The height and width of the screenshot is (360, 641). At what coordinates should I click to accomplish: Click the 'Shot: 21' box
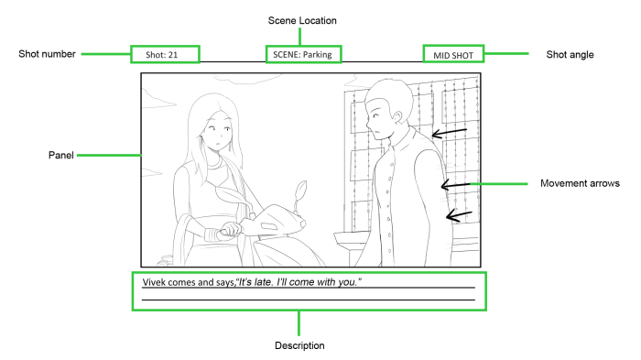165,55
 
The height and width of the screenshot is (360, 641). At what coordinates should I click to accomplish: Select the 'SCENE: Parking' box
302,55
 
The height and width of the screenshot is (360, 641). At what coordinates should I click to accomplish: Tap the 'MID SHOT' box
452,55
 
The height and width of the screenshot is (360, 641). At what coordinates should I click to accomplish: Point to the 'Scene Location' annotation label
302,19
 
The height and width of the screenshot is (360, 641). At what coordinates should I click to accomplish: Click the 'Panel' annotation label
61,155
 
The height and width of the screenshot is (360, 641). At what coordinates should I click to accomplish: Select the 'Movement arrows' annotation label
581,183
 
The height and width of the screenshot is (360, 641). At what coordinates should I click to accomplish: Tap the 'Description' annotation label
299,345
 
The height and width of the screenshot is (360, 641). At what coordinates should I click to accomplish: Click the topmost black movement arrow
450,135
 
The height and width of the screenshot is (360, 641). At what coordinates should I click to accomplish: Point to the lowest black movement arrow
459,216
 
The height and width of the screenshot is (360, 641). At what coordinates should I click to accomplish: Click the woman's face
213,138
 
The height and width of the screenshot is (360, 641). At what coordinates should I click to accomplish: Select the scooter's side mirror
300,194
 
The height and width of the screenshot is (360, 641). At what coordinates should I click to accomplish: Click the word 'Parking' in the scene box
316,55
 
